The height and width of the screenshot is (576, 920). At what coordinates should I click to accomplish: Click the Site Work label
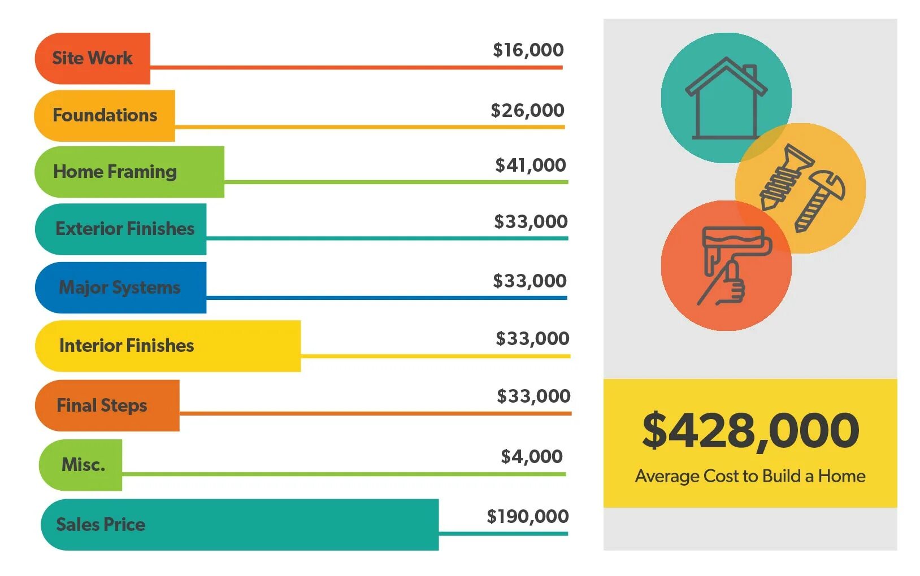point(92,58)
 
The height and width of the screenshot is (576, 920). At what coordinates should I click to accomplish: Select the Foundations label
point(105,115)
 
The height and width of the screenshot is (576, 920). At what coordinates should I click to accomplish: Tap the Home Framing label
point(115,172)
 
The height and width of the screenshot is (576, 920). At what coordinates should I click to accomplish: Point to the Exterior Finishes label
point(124,229)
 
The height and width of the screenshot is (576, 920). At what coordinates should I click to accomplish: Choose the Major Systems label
point(119,287)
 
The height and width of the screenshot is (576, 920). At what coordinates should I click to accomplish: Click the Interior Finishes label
point(126,346)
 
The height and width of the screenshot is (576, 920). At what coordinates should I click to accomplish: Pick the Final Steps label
point(102,405)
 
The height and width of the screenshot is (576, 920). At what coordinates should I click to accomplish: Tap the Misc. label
point(83,465)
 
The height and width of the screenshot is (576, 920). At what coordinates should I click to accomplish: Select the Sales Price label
point(101,525)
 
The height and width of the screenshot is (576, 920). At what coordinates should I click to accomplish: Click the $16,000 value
point(528,50)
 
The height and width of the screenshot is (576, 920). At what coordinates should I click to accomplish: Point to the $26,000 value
point(527,111)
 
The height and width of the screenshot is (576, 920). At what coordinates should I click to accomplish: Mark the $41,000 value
point(530,165)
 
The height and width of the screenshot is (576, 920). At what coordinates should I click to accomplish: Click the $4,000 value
point(531,456)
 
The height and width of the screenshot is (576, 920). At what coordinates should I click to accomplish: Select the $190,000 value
point(527,516)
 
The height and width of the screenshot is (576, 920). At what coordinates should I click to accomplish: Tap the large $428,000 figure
point(750,431)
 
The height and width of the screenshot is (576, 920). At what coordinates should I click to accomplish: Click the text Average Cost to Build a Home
point(750,476)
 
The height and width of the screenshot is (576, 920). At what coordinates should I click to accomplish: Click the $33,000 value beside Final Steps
point(533,396)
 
